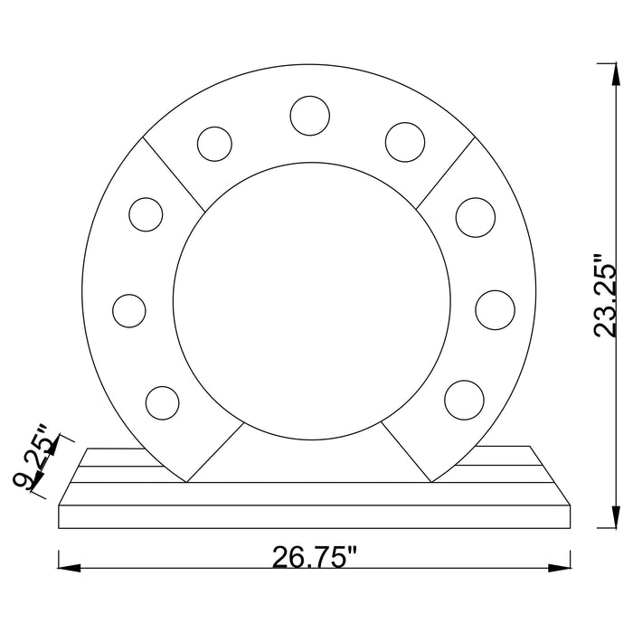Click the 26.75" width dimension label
click(x=316, y=558)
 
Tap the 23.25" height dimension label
click(x=606, y=296)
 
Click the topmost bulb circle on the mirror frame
click(x=309, y=116)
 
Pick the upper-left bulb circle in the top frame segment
click(x=215, y=144)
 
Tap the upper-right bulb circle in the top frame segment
click(x=405, y=142)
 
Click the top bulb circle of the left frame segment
click(x=146, y=214)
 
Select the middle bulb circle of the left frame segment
click(x=129, y=311)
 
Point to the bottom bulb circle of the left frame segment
click(x=162, y=403)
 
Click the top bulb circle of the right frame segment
click(x=476, y=217)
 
